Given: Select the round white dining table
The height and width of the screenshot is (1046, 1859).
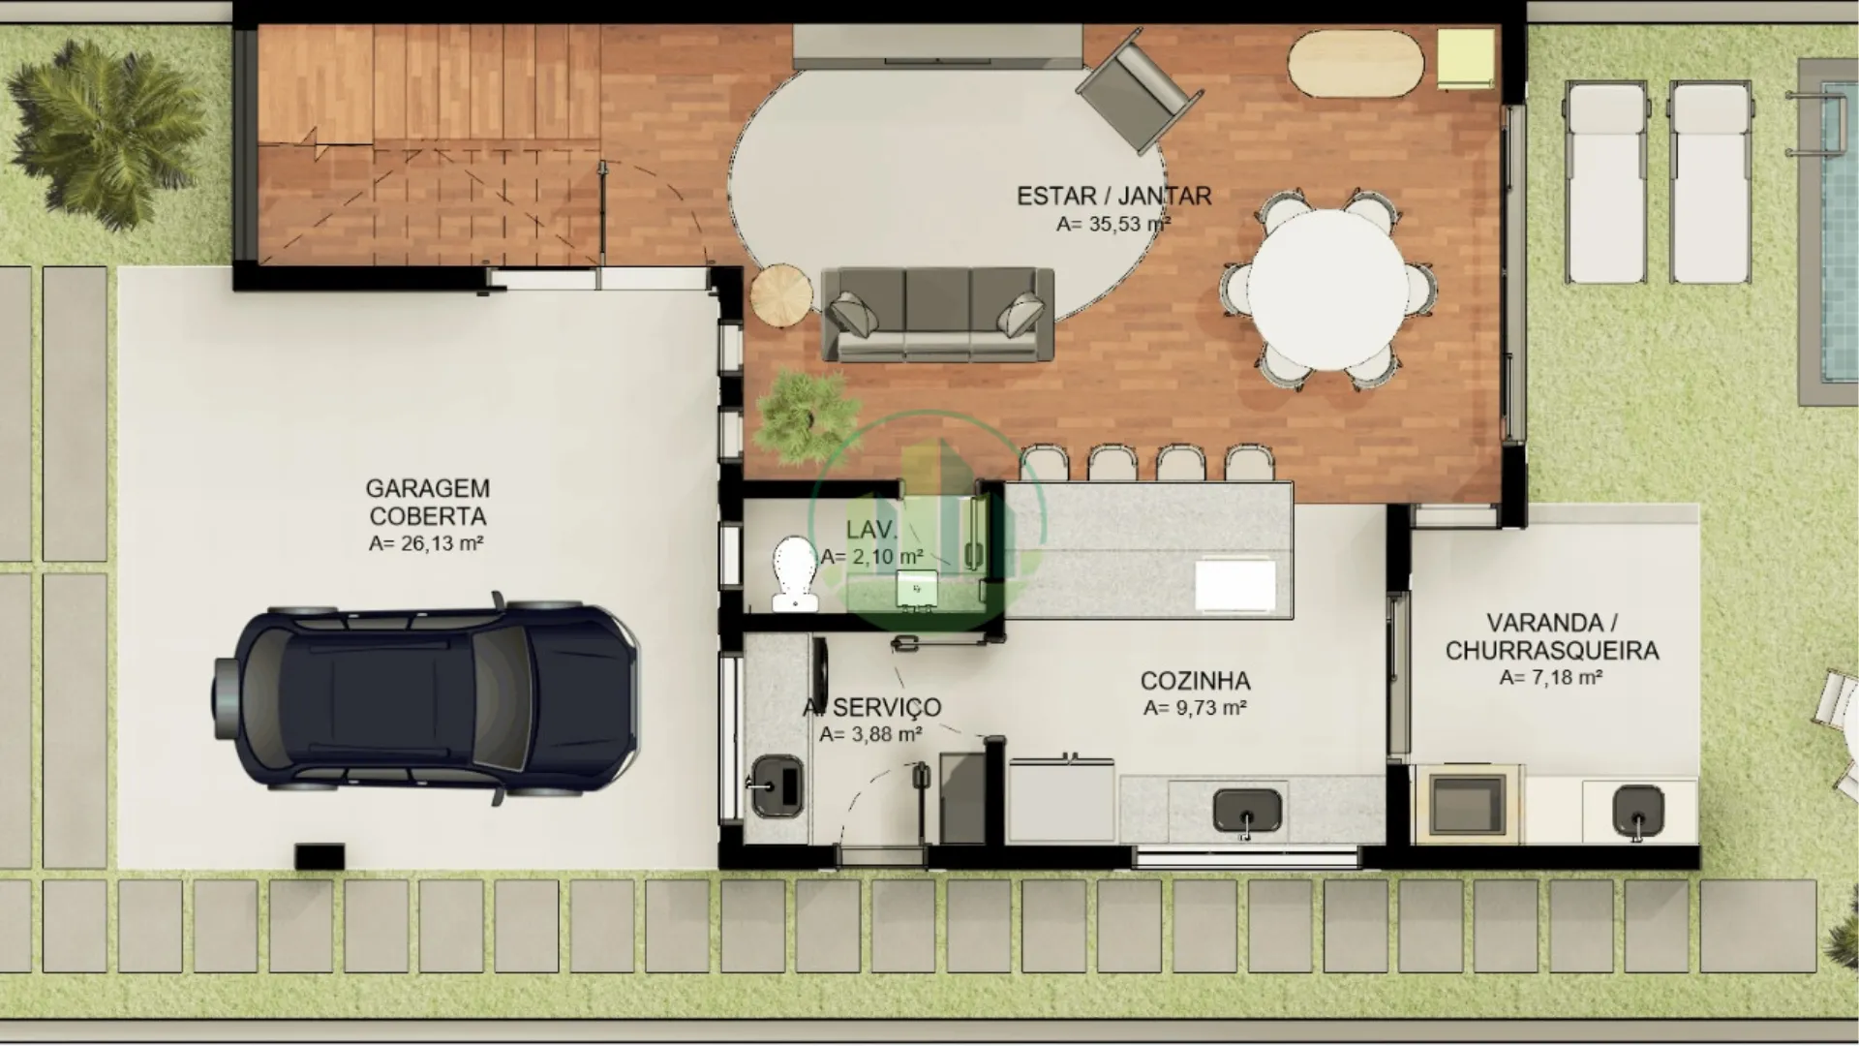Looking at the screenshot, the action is point(1327,291).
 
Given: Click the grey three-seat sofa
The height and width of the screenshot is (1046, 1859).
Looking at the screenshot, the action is point(937,314).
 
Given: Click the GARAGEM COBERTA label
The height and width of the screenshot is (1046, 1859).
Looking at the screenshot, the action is point(427,502).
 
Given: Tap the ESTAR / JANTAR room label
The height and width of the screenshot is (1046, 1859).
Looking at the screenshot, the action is point(1113,196).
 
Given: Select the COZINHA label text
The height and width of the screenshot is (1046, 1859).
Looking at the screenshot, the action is point(1195,681).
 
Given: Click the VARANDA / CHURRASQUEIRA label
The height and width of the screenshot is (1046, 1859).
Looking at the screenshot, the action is point(1552,636).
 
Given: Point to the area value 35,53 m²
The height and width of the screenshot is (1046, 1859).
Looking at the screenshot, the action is point(1113,224).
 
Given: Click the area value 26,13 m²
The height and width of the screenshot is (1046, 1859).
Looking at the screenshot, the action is point(426,543).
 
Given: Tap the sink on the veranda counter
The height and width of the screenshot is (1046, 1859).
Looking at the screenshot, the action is point(1637,810).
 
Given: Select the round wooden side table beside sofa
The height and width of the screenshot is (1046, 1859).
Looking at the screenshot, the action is point(781,294).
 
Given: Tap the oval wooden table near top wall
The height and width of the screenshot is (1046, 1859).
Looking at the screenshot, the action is point(1356,63).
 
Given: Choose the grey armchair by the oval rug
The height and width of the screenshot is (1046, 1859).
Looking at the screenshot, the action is point(1140,88).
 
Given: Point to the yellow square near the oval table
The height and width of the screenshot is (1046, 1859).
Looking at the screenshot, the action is point(1466,59).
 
